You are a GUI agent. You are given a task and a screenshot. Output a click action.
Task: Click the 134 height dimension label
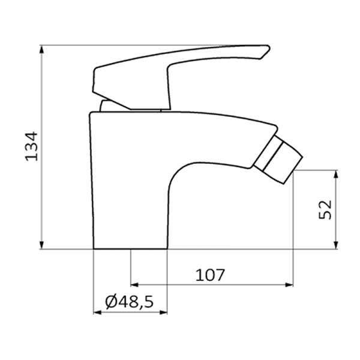pos(31,146)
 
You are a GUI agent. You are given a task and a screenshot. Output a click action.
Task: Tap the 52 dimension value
pos(325,209)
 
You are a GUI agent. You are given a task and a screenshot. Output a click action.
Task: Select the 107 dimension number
pos(209,275)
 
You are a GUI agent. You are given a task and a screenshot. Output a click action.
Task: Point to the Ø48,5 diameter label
pos(129,302)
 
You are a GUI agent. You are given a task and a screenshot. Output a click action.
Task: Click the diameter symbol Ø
pos(112,301)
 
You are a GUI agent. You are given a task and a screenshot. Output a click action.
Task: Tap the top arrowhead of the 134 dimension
pos(41,49)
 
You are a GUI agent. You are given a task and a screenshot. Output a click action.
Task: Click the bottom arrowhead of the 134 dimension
pos(41,245)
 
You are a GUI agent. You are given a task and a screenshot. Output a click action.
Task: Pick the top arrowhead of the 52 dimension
pos(335,174)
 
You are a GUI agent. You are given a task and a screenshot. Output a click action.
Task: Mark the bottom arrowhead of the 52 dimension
pos(335,245)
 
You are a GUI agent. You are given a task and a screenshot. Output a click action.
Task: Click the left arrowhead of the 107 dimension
pos(134,285)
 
